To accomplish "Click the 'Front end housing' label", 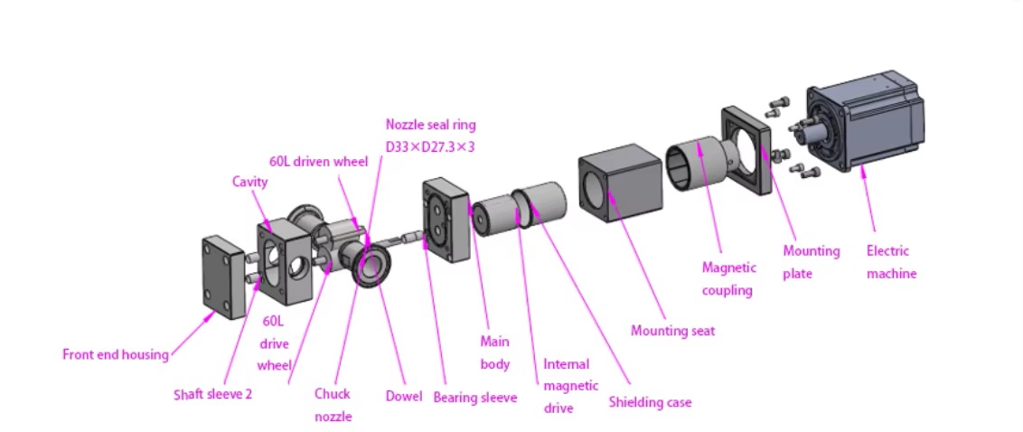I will point(115,354).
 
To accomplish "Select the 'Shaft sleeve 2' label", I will point(212,394).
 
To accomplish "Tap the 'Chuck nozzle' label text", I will point(332,405).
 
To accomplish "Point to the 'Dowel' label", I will point(403,395).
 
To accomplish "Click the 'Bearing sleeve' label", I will point(474,397).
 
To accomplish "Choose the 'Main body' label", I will point(494,352).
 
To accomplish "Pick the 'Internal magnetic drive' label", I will point(570,386).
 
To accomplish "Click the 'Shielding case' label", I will point(649,401).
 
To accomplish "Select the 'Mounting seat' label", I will point(672,331).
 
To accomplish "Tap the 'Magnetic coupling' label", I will point(727,278).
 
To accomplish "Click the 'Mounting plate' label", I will point(811,262).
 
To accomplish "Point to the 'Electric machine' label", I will point(890,262).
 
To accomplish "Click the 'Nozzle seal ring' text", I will point(430,125).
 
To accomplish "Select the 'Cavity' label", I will point(250,182).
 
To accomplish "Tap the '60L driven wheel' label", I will point(319,162).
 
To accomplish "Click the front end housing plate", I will point(222,276).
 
